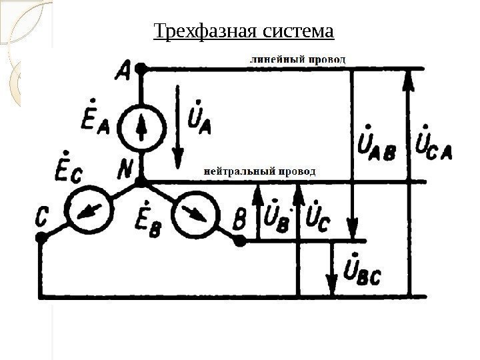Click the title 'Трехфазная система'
[x=243, y=31]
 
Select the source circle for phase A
[x=141, y=127]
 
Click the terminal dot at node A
[x=140, y=69]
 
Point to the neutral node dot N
[x=141, y=181]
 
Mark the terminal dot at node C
[x=41, y=236]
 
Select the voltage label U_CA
[x=433, y=143]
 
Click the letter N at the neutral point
[x=125, y=171]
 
